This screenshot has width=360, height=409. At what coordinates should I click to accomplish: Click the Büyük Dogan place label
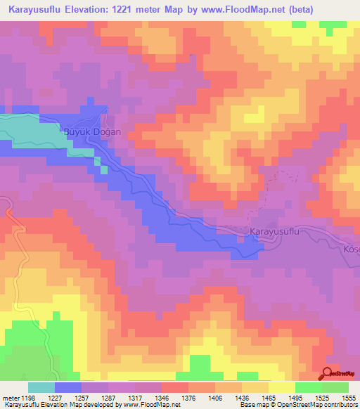click(93, 131)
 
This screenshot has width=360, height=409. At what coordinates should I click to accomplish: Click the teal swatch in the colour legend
click(41, 387)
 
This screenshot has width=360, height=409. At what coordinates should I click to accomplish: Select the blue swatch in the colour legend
click(68, 387)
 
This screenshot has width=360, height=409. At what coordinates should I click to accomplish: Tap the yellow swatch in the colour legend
click(281, 387)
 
